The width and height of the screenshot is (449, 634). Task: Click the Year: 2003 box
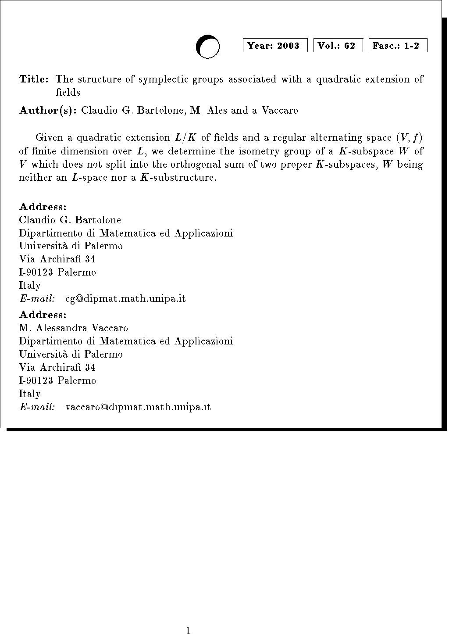tap(275, 46)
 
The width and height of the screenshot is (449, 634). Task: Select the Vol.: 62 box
tap(338, 46)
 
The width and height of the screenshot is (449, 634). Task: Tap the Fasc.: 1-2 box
tap(398, 46)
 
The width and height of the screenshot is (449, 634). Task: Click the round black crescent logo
tap(207, 47)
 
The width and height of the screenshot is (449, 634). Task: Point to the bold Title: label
tap(34, 79)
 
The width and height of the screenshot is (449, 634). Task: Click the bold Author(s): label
tap(48, 111)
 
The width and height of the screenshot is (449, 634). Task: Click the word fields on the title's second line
tap(68, 93)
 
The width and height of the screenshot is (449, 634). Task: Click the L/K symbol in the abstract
tap(185, 138)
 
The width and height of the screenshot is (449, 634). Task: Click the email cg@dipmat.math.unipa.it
tap(125, 299)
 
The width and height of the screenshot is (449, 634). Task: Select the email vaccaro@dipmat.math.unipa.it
tap(138, 407)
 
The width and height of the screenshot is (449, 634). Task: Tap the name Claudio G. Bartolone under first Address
tap(70, 220)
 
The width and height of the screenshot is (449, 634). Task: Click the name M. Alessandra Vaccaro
tap(73, 328)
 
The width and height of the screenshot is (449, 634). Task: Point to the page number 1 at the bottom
tap(188, 631)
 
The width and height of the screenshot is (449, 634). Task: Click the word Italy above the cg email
tap(29, 286)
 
